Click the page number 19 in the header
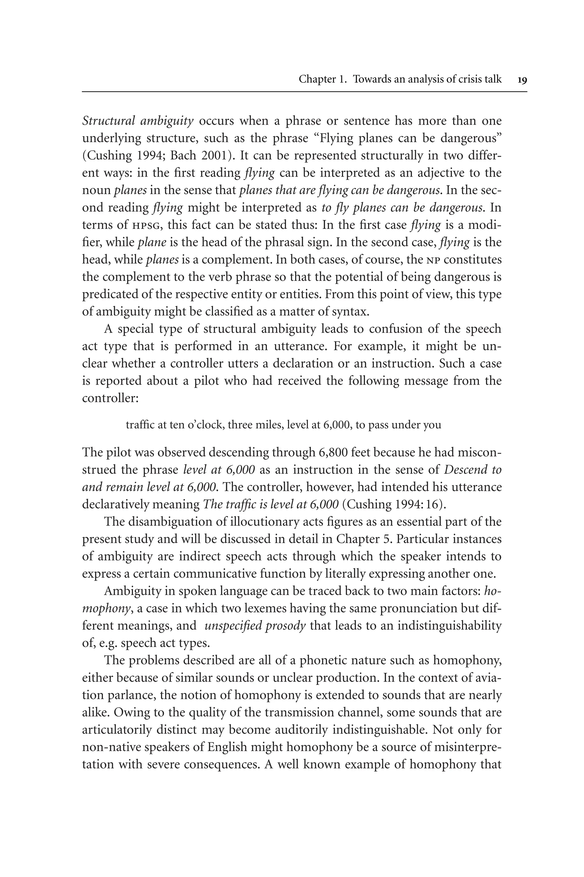click(x=522, y=80)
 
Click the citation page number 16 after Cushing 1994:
click(x=437, y=504)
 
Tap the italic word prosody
click(x=286, y=625)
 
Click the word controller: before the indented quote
click(x=110, y=398)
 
